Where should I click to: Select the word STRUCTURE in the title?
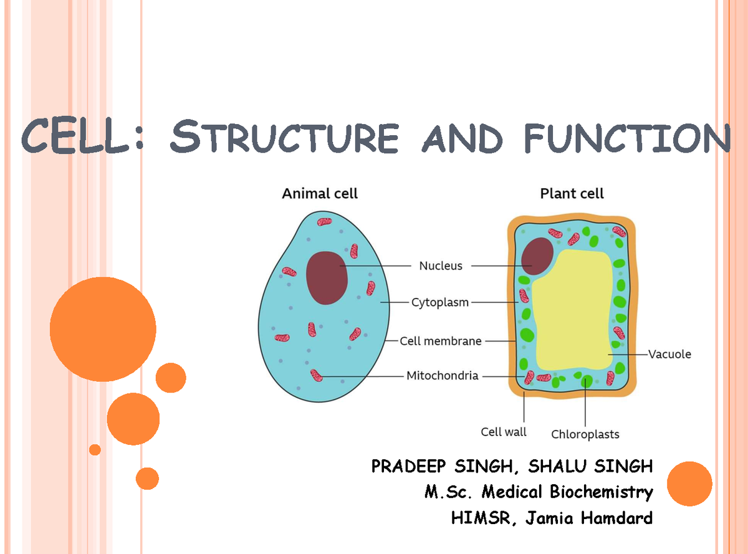[x=284, y=138]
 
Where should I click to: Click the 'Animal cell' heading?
[x=320, y=194]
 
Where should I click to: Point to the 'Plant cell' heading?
[x=572, y=194]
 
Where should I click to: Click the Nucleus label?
[x=441, y=266]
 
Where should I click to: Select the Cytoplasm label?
[x=440, y=303]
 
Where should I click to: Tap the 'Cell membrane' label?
[x=441, y=341]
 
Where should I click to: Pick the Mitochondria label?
[x=443, y=376]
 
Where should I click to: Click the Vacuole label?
[x=669, y=354]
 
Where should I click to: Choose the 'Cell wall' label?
[x=504, y=432]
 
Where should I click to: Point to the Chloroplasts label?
[x=585, y=434]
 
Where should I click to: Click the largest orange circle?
[x=103, y=329]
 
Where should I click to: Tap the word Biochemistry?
[x=601, y=492]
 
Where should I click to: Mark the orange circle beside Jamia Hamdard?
[x=689, y=484]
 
